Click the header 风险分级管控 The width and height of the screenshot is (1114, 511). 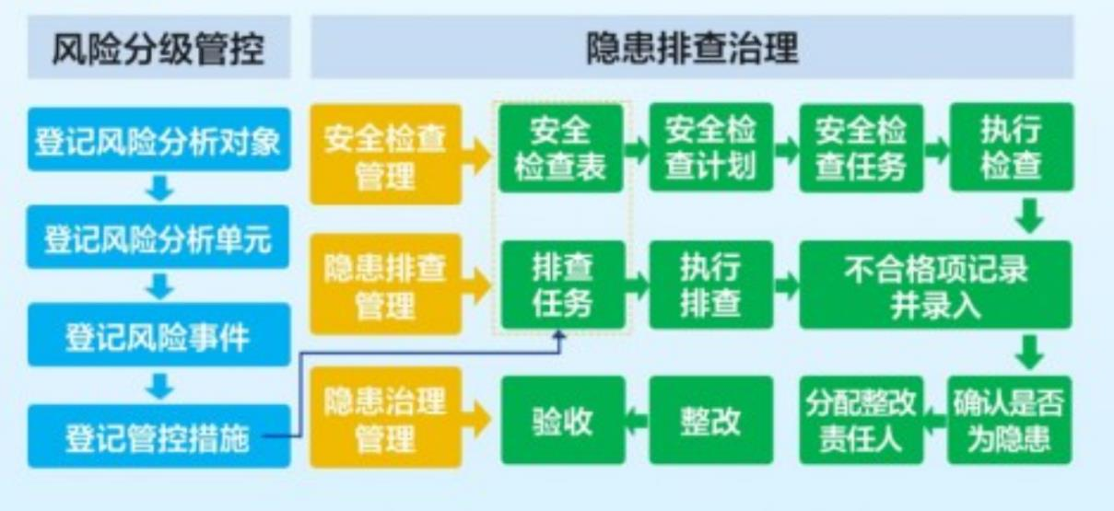[158, 49]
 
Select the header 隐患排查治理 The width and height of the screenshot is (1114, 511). [692, 49]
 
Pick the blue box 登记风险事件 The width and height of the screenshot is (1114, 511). [158, 337]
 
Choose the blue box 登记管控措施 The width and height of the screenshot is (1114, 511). [158, 436]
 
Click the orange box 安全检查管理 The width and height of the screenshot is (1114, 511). [385, 155]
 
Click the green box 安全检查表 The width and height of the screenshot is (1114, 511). [562, 147]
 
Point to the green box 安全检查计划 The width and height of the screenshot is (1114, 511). [710, 147]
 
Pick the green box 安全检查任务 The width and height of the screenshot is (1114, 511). [861, 147]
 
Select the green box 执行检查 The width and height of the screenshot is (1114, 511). [1011, 147]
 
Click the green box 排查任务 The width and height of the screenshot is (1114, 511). [562, 284]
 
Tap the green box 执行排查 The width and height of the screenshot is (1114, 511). [710, 284]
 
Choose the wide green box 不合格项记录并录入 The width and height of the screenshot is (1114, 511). [935, 284]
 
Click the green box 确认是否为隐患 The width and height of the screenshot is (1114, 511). [1011, 419]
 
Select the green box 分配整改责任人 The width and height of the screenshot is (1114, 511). [861, 419]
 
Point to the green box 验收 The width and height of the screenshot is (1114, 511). [562, 421]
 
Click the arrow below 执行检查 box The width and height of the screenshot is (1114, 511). [1031, 217]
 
